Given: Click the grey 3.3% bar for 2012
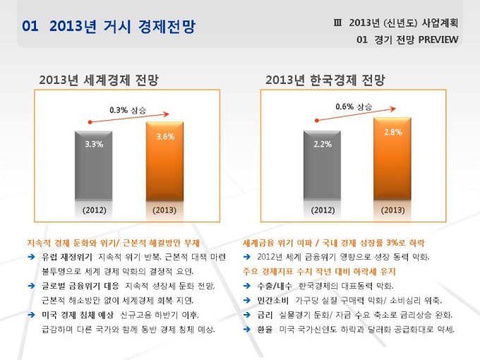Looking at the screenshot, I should (x=94, y=166).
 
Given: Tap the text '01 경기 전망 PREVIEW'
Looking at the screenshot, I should (x=408, y=40).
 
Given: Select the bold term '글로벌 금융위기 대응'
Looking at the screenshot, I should (x=80, y=285).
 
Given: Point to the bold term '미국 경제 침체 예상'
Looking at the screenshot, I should (x=78, y=315).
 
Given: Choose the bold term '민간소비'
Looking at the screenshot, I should (x=273, y=300).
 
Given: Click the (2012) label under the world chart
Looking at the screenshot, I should (x=94, y=210).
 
